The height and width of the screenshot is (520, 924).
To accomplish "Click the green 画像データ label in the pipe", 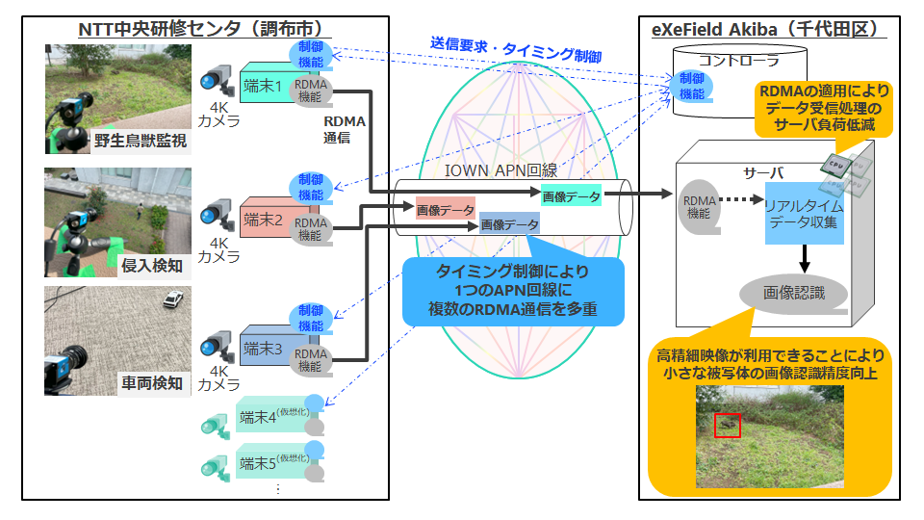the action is pos(571,196).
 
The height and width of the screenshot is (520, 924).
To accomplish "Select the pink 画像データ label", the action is pos(446,209).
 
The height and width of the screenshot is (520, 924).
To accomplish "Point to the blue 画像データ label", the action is pos(509,223).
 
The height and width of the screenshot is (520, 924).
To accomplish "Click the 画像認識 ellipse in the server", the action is pos(794,293).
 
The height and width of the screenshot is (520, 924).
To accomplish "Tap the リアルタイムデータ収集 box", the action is pos(805,214).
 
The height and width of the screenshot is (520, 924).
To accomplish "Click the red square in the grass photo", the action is pos(728,425).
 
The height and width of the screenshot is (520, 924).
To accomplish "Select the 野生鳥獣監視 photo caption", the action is pos(141,141).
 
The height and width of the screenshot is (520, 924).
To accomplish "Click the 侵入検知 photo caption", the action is pos(152,266).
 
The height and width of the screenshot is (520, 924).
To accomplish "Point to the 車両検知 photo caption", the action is pos(152,383).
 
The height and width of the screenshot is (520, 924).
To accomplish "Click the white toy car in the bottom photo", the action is pos(173,299).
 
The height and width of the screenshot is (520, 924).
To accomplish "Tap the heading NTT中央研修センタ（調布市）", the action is pos(201,28).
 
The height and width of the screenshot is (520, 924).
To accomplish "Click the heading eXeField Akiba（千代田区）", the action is pos(768,28).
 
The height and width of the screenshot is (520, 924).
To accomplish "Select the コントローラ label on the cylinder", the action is pos(739,60).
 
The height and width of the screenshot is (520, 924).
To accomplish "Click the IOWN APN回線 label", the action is pos(500,170).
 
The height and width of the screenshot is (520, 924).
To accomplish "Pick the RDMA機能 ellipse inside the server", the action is pos(700,207).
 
